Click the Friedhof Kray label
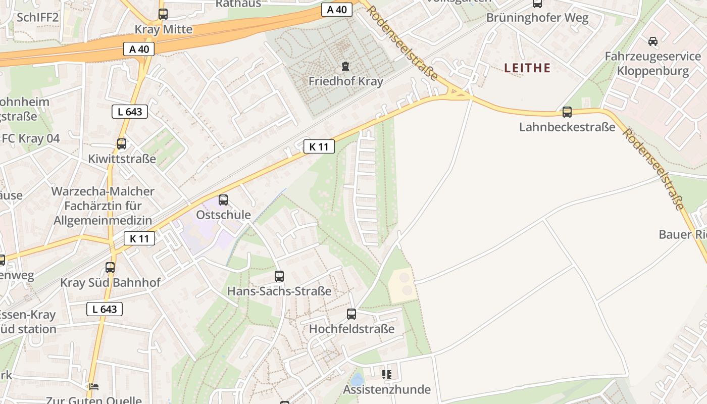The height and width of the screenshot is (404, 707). (345, 81)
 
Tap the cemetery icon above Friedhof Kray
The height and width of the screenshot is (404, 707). (345, 66)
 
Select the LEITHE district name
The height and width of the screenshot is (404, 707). (527, 68)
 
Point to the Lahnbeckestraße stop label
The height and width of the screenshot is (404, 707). (567, 127)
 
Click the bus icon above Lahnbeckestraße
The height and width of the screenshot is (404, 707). (567, 112)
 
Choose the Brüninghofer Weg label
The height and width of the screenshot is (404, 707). (537, 18)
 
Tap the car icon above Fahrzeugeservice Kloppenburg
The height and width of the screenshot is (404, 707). (652, 41)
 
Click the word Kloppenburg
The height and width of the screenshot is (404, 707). (652, 71)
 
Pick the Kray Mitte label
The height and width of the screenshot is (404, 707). (163, 29)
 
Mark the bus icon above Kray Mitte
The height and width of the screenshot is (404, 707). (163, 14)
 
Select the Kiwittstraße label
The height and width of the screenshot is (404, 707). (122, 159)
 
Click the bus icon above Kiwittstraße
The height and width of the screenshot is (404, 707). (122, 144)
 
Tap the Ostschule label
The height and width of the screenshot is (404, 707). (223, 215)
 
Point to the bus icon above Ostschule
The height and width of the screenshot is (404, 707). (223, 200)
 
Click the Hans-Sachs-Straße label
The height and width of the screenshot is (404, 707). (279, 291)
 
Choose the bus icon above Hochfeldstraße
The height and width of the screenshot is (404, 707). (351, 314)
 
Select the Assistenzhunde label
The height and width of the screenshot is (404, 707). (387, 390)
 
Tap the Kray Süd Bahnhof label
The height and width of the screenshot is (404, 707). (110, 283)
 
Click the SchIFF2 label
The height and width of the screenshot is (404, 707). (38, 18)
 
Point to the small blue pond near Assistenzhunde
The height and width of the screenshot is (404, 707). (357, 379)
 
